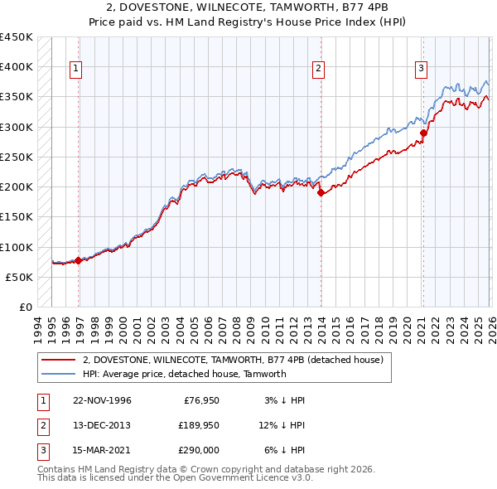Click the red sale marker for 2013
(320, 193)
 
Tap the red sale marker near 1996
(78, 260)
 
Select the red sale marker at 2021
(422, 133)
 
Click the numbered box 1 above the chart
(75, 69)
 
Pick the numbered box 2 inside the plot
(318, 69)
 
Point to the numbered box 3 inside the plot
(421, 69)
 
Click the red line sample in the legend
(59, 361)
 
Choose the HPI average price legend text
(184, 374)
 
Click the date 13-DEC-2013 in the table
(101, 425)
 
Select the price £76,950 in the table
(200, 400)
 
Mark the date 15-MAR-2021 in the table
(101, 450)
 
